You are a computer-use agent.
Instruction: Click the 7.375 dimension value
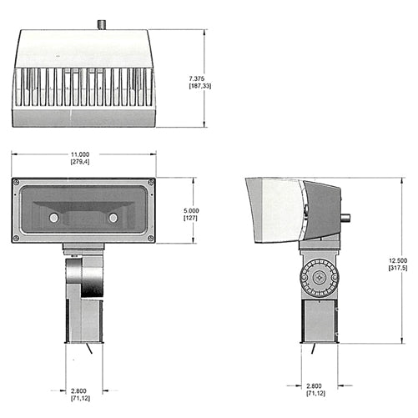[x=199, y=77]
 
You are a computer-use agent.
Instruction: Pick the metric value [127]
[x=191, y=218]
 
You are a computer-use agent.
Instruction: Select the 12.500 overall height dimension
[x=397, y=260]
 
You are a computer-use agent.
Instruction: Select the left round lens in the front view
[x=54, y=218]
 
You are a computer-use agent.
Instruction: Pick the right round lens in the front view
[x=113, y=218]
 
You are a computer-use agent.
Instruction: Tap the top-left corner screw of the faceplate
[x=17, y=182]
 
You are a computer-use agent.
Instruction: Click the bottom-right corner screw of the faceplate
[x=150, y=239]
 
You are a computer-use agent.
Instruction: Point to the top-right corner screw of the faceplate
[x=150, y=182]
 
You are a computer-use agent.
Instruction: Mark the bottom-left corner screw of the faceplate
[x=17, y=239]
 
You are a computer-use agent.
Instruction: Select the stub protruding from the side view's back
[x=345, y=219]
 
